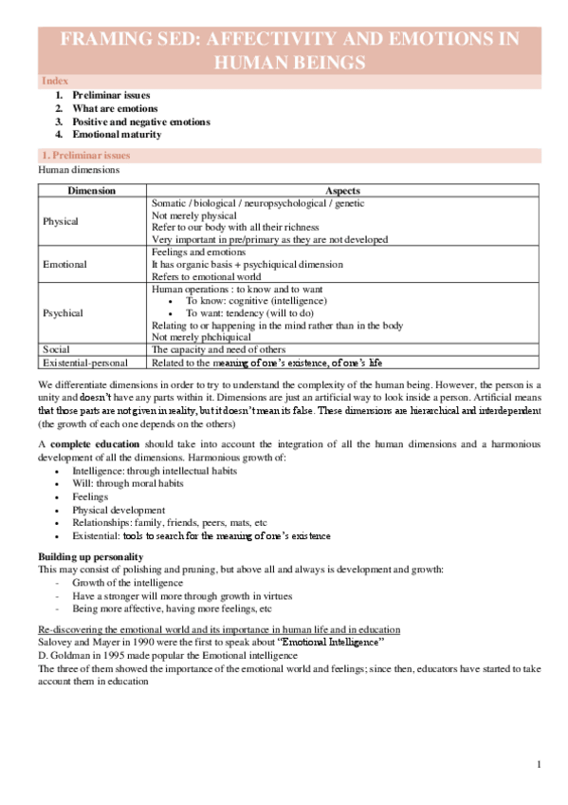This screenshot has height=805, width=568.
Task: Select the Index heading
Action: coord(54,82)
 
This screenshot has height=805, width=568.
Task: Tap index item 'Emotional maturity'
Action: coord(119,135)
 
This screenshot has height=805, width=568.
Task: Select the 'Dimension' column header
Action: coord(92,191)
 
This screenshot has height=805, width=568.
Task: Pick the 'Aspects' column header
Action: coord(342,191)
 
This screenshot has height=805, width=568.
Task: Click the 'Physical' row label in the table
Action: coord(62,221)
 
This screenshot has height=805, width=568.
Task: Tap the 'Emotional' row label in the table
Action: coord(65,265)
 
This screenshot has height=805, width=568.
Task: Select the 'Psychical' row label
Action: coord(64,312)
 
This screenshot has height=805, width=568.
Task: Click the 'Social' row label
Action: coord(57,349)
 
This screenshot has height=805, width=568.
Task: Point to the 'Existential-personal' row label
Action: coord(86,362)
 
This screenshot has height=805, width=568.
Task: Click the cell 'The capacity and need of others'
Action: coord(218,349)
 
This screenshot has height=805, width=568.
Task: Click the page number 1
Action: coord(538,765)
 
